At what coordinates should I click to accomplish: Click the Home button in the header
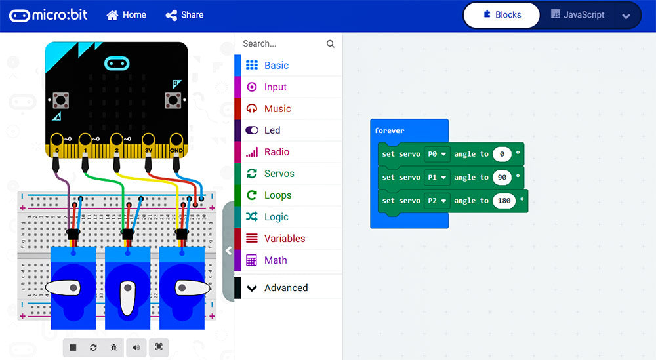[126, 15]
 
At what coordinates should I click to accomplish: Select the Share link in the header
[184, 15]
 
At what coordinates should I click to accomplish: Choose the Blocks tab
[502, 15]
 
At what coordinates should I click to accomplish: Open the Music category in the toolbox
[277, 109]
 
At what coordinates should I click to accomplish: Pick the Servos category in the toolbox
[279, 174]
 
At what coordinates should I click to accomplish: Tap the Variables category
[284, 239]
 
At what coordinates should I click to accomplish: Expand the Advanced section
[285, 288]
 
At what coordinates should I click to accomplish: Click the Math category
[275, 260]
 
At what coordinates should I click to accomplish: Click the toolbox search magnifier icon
[331, 44]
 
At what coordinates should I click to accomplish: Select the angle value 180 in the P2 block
[504, 201]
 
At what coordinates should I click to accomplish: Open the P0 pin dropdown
[436, 154]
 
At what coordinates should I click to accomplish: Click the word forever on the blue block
[390, 131]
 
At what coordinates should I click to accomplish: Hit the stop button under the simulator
[73, 348]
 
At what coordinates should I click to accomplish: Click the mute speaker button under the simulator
[136, 348]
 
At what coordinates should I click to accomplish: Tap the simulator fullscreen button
[159, 348]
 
